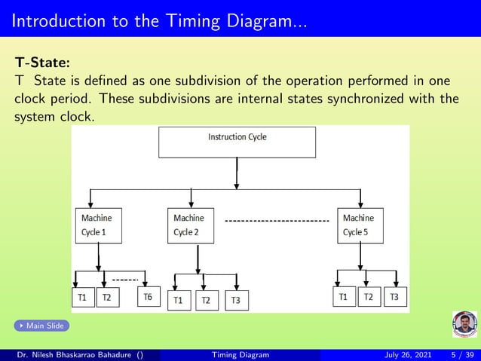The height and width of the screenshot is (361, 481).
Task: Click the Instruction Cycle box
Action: (237, 142)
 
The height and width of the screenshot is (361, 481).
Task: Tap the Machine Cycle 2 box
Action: (191, 225)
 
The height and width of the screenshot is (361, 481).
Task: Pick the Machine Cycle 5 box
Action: (360, 225)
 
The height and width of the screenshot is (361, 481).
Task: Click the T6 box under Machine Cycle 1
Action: (149, 298)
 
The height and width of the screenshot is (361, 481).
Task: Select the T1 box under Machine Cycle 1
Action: (82, 298)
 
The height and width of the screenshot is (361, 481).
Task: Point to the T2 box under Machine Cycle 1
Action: (106, 298)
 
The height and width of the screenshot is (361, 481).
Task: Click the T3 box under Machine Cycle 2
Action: (235, 300)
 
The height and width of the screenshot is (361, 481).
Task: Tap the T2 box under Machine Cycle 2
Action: (206, 300)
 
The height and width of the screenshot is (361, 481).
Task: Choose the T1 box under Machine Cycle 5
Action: (343, 297)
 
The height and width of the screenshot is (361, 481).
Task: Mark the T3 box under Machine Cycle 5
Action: (394, 297)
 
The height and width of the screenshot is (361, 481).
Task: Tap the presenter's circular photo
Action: (464, 325)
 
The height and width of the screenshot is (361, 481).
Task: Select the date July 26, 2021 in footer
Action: (406, 355)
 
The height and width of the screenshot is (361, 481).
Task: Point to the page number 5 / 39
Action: (461, 355)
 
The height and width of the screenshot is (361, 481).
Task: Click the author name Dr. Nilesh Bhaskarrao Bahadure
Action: (75, 355)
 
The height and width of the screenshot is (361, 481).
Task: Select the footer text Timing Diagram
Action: (240, 355)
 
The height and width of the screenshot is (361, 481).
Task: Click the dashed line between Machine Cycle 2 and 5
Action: (277, 221)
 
